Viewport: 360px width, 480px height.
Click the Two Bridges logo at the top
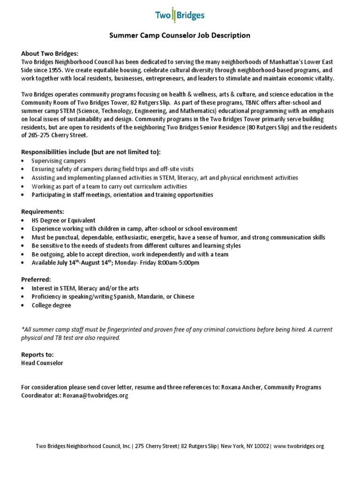click(x=180, y=15)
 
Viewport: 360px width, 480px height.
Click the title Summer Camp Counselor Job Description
click(x=180, y=35)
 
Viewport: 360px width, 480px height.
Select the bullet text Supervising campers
click(x=59, y=161)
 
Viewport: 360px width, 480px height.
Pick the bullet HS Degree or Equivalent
click(x=63, y=220)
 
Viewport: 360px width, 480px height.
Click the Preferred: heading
click(x=36, y=279)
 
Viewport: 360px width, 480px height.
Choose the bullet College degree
click(x=52, y=305)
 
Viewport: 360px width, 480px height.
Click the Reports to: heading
click(x=37, y=354)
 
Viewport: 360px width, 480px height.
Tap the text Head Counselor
click(x=42, y=362)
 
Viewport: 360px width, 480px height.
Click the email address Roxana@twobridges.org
click(x=95, y=395)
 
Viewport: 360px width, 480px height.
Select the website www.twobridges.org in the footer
click(x=298, y=446)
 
